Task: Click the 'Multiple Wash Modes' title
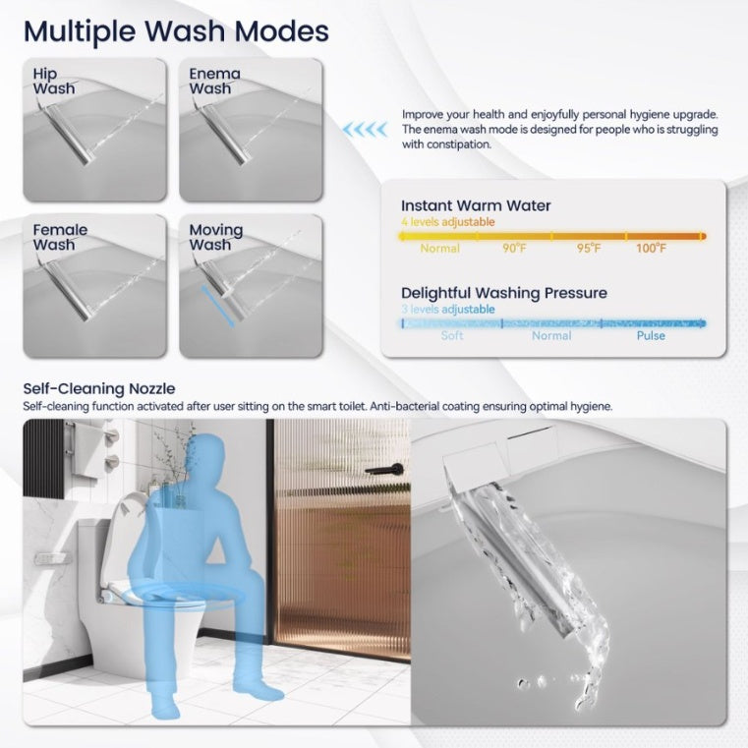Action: (x=176, y=31)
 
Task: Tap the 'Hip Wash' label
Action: (x=54, y=82)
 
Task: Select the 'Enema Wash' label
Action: (x=214, y=82)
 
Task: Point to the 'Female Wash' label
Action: (x=60, y=237)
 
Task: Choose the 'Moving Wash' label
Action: (x=215, y=237)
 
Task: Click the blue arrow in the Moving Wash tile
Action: (x=217, y=307)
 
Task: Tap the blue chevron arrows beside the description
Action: (x=365, y=130)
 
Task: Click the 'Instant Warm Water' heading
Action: (x=476, y=205)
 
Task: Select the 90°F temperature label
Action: (x=514, y=248)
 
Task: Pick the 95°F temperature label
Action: (x=589, y=248)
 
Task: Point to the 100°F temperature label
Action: (x=651, y=248)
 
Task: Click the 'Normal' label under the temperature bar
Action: (x=439, y=248)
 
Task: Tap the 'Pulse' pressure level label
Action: (x=651, y=335)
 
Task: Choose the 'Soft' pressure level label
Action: (x=452, y=335)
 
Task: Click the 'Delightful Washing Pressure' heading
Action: (x=504, y=293)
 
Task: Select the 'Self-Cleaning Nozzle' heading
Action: (x=99, y=389)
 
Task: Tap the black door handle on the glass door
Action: (x=384, y=469)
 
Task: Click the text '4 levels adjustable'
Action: (x=447, y=222)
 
